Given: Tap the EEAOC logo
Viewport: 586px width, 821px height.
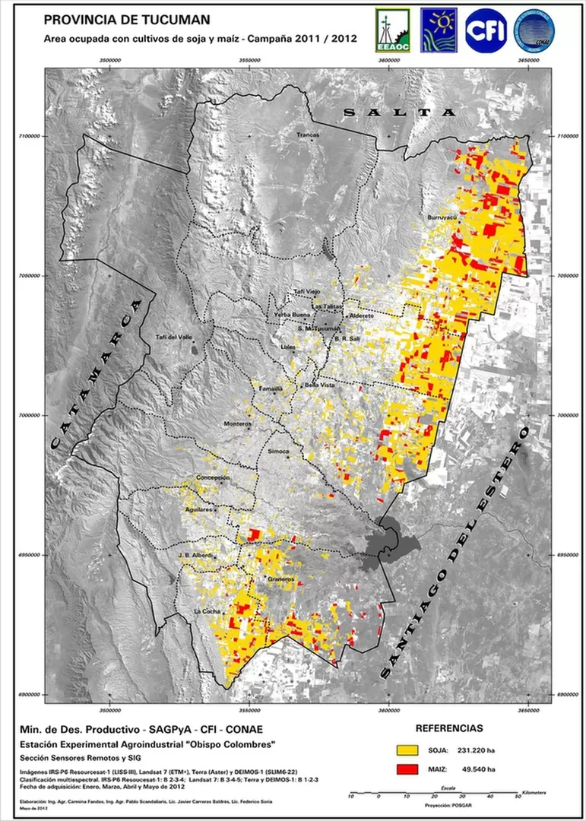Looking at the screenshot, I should click(x=392, y=31).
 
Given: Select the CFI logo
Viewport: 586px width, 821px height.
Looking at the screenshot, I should click(x=486, y=30).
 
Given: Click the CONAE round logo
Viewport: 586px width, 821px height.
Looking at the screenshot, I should click(x=534, y=30).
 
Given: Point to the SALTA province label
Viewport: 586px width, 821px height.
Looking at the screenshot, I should click(x=400, y=112).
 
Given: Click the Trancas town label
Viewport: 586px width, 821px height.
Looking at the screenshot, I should click(x=308, y=135).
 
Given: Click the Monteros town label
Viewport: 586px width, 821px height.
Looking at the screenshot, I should click(x=236, y=423).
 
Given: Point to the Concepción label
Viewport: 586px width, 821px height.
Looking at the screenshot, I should click(x=213, y=477).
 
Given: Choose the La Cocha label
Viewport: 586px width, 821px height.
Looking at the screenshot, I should click(x=207, y=611).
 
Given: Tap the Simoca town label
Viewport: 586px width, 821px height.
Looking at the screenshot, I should click(x=279, y=452).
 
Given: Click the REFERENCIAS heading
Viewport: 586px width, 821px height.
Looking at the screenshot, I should click(x=448, y=727).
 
